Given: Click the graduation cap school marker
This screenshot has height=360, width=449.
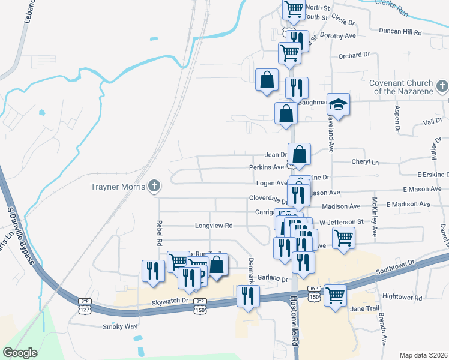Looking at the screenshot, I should [x=338, y=105].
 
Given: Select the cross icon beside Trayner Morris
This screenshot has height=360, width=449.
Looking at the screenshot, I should [x=154, y=186].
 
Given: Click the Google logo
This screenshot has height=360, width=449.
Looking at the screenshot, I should [x=20, y=353].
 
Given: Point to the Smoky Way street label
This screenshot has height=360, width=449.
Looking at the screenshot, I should [x=120, y=326].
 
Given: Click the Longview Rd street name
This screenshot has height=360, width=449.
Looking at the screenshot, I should [x=213, y=226].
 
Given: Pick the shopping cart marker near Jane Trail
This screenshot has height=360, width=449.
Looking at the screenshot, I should [x=335, y=295].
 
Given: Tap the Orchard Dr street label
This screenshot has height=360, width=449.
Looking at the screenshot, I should [x=354, y=55].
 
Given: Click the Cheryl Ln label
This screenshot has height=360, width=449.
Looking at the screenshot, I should [x=365, y=162].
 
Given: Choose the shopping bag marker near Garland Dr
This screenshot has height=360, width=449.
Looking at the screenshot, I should [x=217, y=265].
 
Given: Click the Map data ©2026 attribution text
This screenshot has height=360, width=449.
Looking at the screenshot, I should [x=423, y=355].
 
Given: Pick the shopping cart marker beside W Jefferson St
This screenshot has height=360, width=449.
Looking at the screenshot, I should [x=343, y=238].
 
